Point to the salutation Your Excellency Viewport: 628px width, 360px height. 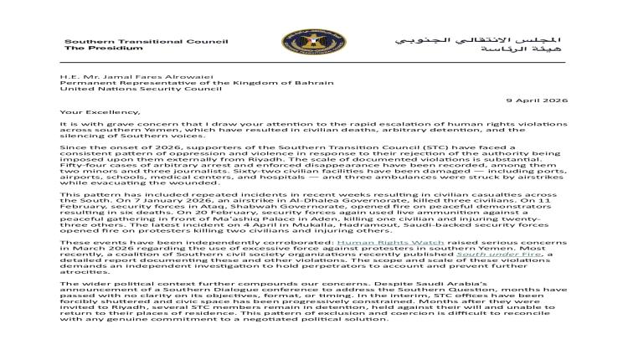point(93,110)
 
